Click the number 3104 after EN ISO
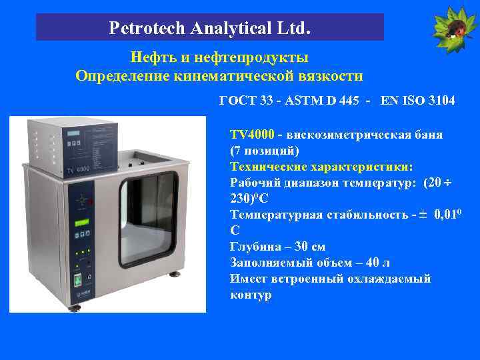tap(440, 101)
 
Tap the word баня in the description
tap(426, 135)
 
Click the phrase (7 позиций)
tap(265, 151)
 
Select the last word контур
tap(251, 295)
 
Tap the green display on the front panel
tap(81, 223)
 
